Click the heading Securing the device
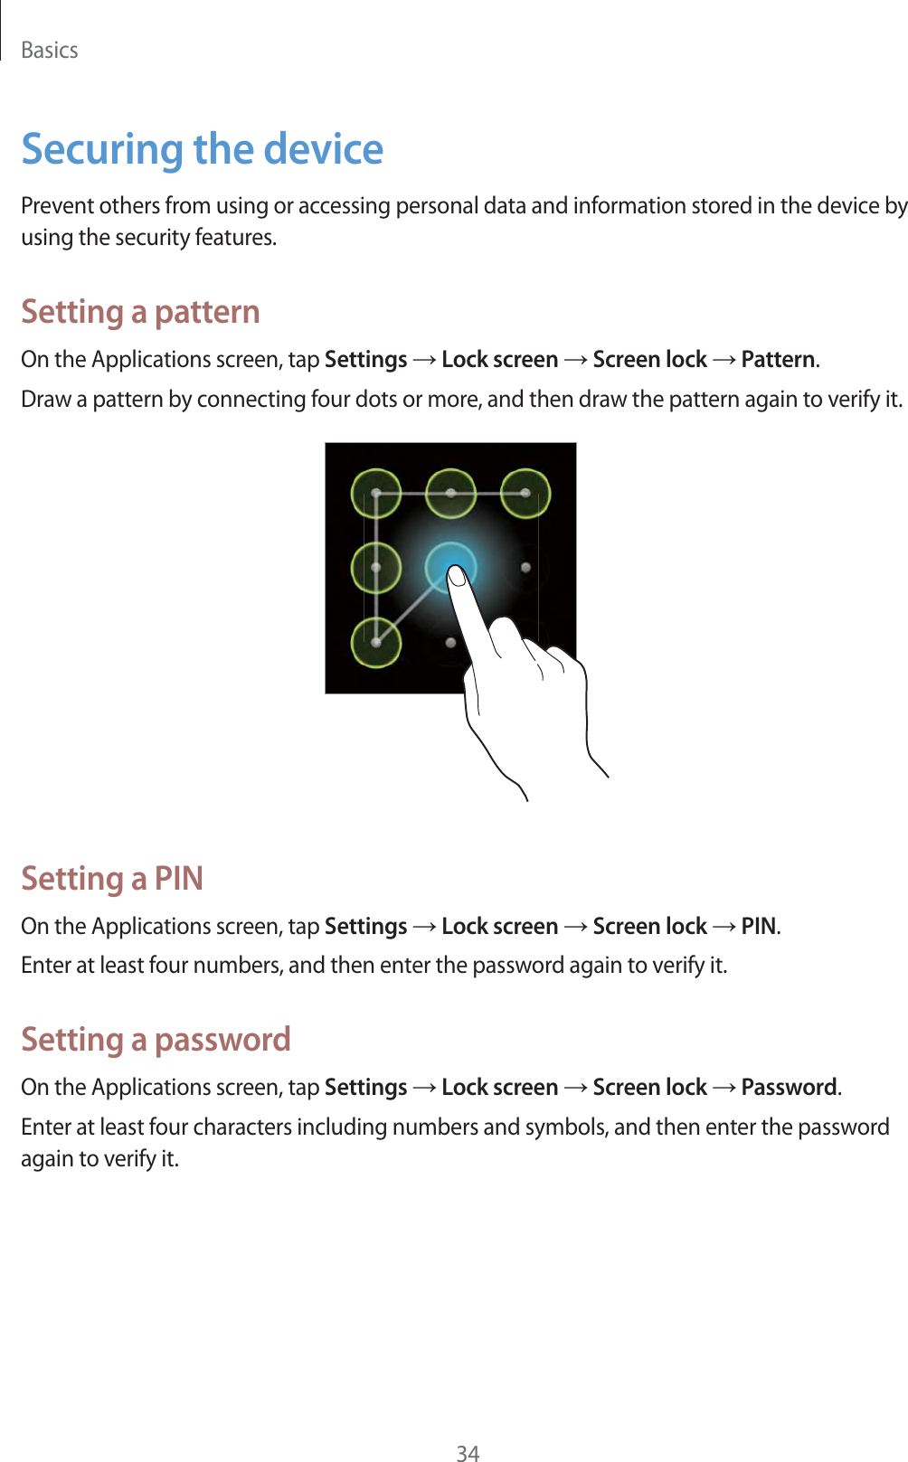202,149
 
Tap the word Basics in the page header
50,51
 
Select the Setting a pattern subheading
140,312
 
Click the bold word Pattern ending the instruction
778,360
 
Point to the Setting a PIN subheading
112,879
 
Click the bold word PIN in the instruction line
758,927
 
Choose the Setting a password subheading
156,1040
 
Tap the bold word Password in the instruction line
789,1087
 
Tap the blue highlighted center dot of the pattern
450,567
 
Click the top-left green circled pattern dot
376,494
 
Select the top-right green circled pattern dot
525,494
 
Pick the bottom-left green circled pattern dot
376,642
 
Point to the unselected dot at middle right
525,568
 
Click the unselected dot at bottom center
450,642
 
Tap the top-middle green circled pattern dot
450,494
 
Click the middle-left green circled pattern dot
376,568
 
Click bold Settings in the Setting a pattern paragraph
365,360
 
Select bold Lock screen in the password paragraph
499,1087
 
